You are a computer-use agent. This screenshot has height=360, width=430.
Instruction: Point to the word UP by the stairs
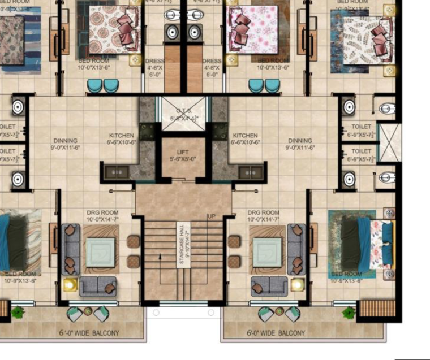pos(211,216)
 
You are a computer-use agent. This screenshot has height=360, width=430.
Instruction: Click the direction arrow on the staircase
pos(160,257)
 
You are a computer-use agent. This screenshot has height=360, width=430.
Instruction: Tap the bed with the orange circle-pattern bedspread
pos(113,29)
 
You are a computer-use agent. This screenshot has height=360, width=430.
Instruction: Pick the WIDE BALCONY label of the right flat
pos(276,333)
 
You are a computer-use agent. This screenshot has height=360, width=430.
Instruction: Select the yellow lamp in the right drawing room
pos(297,284)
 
